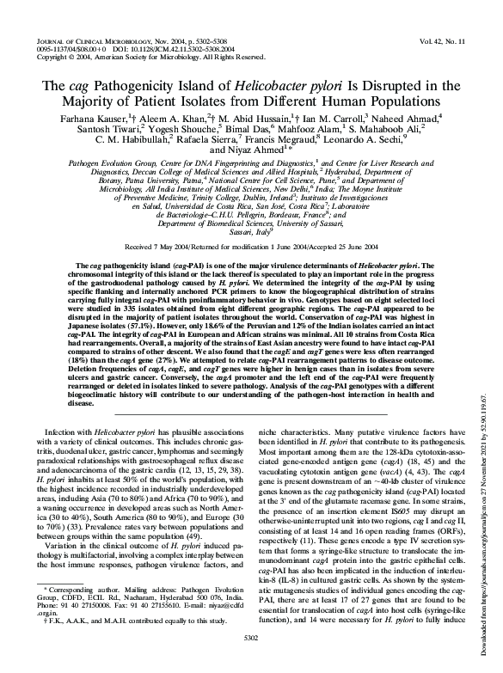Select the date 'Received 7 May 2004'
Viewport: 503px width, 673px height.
pyautogui.click(x=171, y=246)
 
